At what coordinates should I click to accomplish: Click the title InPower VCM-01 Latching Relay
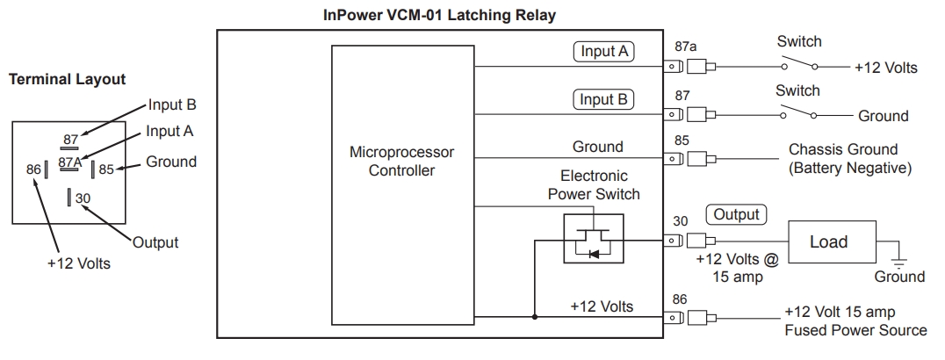point(440,16)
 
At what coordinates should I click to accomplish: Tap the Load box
point(827,241)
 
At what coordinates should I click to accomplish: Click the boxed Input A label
point(604,52)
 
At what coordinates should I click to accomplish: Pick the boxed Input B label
point(604,99)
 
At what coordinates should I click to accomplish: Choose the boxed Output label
point(736,214)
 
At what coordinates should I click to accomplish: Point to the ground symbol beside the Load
point(897,261)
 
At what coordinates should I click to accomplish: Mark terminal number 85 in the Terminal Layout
point(106,169)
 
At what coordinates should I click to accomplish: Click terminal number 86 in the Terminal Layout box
point(34,169)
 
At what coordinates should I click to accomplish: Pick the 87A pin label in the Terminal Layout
point(70,162)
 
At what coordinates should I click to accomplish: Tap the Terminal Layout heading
point(67,79)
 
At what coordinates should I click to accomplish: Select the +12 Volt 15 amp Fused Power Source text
point(855,321)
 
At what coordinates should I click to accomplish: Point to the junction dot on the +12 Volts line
point(533,315)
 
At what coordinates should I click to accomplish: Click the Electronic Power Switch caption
point(594,185)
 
